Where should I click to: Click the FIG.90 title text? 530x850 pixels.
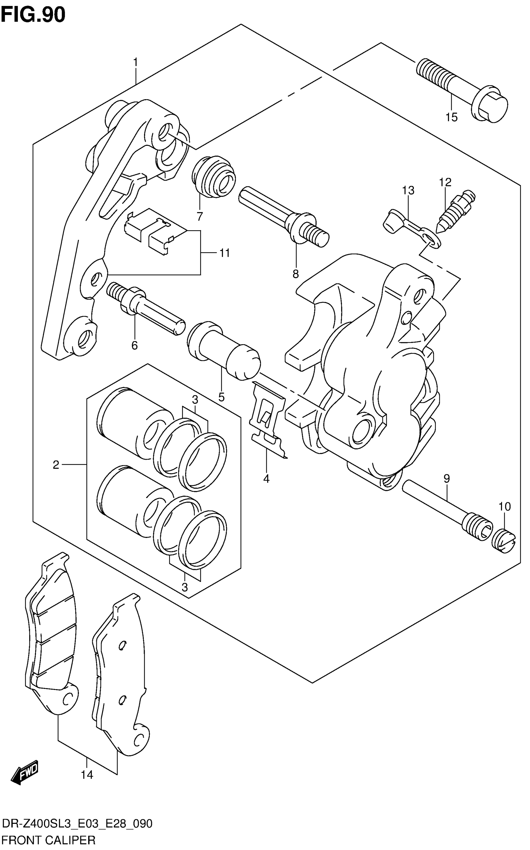coord(33,15)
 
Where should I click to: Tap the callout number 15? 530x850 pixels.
coord(451,117)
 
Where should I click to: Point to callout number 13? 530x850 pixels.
coord(408,190)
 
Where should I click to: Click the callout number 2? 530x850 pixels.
coord(56,465)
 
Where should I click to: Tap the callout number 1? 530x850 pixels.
coord(135,63)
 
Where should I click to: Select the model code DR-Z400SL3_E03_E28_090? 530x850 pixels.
coord(77,824)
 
